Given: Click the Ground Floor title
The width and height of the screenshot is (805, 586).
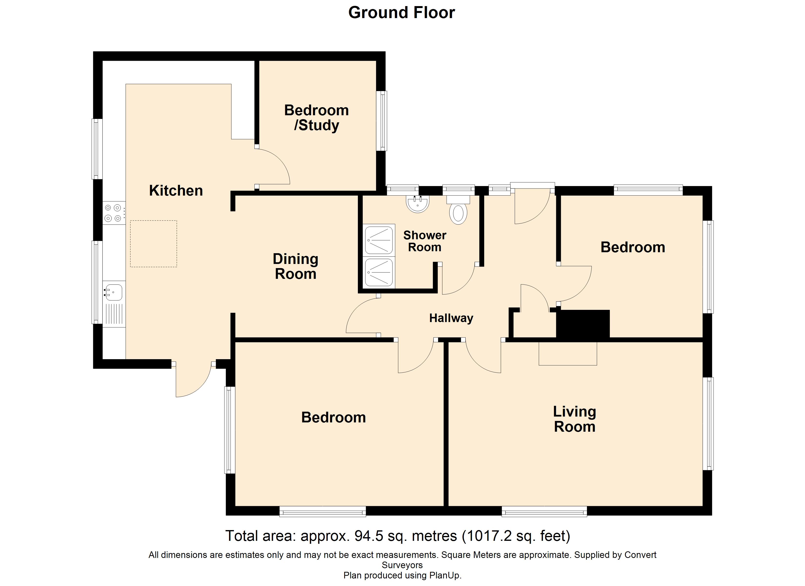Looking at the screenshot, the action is (x=402, y=13).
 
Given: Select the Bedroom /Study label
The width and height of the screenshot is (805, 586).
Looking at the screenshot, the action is (x=317, y=118).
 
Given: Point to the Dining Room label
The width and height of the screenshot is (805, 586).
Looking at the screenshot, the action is (x=295, y=267).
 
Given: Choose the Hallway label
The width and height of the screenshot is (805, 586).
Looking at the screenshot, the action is (x=451, y=318).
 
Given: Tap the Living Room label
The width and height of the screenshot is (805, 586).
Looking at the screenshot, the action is (x=575, y=419).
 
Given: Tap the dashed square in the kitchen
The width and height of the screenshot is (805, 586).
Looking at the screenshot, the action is (x=153, y=244).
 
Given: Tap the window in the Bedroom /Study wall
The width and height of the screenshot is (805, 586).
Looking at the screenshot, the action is (x=382, y=121).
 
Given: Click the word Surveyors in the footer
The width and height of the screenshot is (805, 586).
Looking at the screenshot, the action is (x=402, y=565).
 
